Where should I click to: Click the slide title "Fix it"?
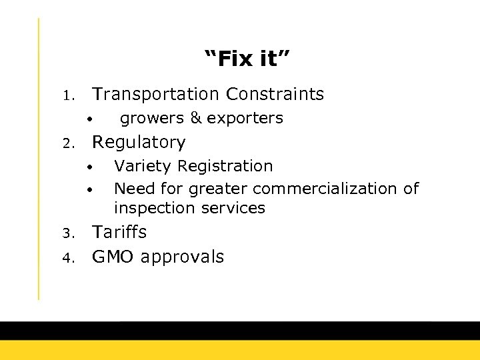[x=247, y=59]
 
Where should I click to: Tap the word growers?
[x=151, y=119]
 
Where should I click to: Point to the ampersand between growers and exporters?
[x=195, y=118]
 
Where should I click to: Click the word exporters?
[x=245, y=119]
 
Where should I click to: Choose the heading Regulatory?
[x=139, y=143]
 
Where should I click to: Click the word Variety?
[x=141, y=166]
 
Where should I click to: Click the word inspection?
[x=149, y=208]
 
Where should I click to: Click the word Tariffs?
[x=119, y=233]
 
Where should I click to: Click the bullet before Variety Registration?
[x=89, y=167]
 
